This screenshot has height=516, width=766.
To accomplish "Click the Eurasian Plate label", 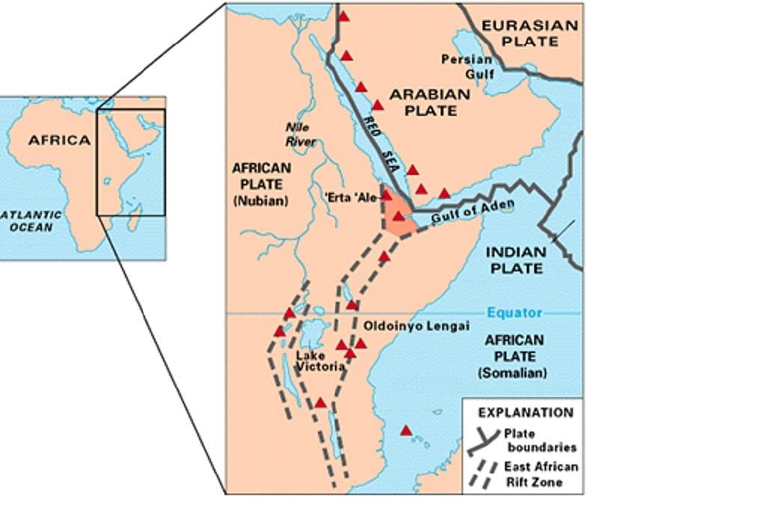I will pyautogui.click(x=529, y=33).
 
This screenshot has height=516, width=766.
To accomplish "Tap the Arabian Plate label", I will pyautogui.click(x=429, y=102).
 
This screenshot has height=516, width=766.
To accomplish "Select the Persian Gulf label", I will pyautogui.click(x=467, y=67).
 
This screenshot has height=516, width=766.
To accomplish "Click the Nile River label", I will pyautogui.click(x=301, y=135).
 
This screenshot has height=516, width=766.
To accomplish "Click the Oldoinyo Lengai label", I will pyautogui.click(x=416, y=327).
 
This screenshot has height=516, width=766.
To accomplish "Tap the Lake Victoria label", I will pyautogui.click(x=320, y=361).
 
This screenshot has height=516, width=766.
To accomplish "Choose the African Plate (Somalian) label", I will pyautogui.click(x=515, y=356).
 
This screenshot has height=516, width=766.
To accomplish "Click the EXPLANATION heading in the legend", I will pyautogui.click(x=525, y=412).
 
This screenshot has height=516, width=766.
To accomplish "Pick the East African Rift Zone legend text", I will pyautogui.click(x=541, y=474).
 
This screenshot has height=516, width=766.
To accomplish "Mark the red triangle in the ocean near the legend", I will pyautogui.click(x=406, y=431).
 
